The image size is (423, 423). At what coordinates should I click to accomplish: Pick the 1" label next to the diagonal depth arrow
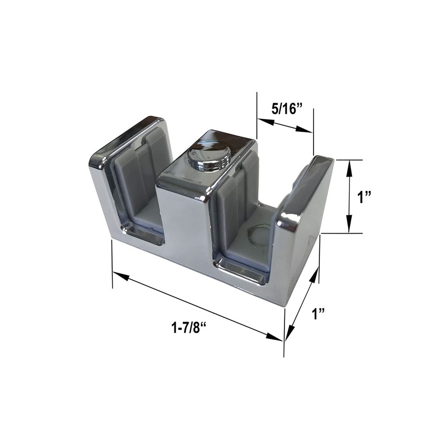318,315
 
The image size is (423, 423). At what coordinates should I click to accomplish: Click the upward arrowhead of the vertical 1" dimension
348,166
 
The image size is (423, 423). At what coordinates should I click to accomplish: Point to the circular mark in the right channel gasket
259,233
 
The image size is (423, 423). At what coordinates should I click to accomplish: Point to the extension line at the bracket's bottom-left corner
112,264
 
